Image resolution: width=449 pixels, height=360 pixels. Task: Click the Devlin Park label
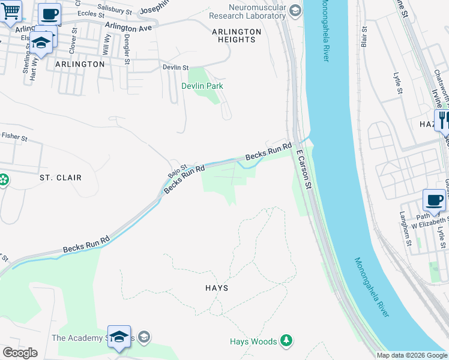[x=202, y=86]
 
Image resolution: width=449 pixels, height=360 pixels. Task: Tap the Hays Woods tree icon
[x=288, y=341]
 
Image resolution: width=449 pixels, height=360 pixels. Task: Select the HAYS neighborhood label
[x=216, y=288]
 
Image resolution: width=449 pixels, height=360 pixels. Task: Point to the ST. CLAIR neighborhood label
[x=60, y=178]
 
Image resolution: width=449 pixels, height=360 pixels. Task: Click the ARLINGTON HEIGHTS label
[x=237, y=35]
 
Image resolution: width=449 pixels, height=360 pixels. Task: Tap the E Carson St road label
[x=304, y=170]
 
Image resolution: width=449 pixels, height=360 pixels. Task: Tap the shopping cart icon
[x=10, y=11]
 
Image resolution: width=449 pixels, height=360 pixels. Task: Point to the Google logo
[x=20, y=353]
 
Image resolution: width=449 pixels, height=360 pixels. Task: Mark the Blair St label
[x=364, y=37]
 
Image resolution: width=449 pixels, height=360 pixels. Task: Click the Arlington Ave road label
[x=128, y=28]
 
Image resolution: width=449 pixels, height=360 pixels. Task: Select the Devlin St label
[x=176, y=68]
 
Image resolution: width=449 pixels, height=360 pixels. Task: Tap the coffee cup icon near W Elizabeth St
[x=434, y=199]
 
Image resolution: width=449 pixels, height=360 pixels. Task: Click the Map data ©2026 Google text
[x=412, y=355]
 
